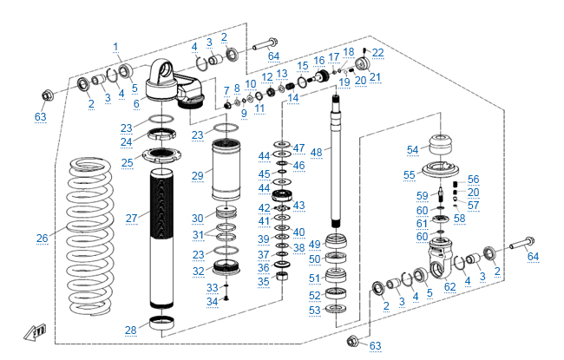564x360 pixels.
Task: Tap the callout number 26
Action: [42, 238]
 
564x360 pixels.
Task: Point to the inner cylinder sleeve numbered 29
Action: [230, 173]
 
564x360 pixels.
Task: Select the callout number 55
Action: [411, 174]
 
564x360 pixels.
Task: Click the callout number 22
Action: [377, 53]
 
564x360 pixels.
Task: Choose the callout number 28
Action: [130, 331]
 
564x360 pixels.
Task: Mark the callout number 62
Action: [449, 286]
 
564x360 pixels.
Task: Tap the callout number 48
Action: [316, 152]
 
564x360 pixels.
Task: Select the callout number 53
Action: [314, 310]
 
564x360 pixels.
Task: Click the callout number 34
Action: [212, 301]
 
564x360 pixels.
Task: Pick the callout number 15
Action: [303, 66]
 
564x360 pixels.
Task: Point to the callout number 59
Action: [422, 195]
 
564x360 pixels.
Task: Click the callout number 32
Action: [199, 272]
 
